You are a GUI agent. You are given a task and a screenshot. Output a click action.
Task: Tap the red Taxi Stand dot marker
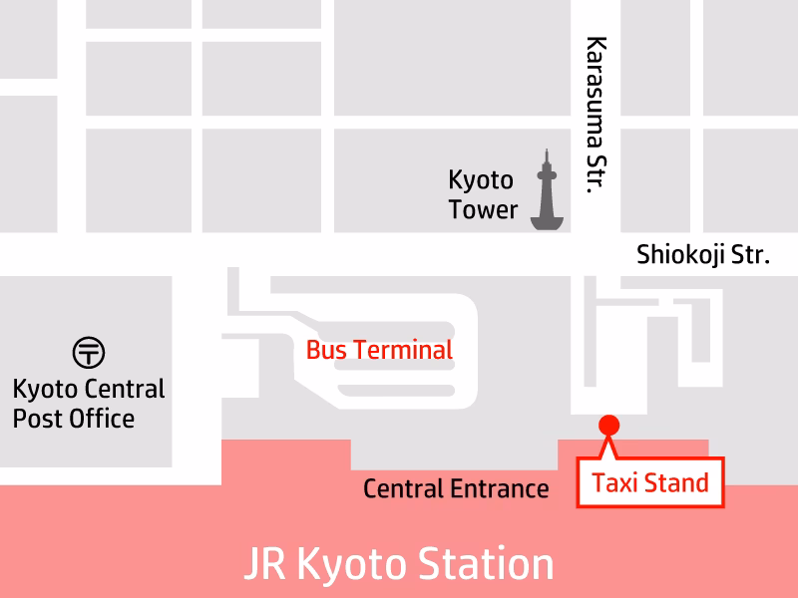point(607,426)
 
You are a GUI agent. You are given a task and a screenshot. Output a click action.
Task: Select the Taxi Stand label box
point(649,484)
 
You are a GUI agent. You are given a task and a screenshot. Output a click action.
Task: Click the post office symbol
point(89,352)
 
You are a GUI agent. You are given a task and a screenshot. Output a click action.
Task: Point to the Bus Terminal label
point(379,350)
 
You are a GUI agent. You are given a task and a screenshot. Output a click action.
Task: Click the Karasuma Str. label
point(597,115)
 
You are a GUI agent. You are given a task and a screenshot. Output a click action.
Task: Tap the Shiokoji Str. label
point(703,255)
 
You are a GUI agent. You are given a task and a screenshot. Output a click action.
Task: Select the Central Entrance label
point(456,488)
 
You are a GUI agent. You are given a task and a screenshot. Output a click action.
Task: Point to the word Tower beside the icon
point(483,210)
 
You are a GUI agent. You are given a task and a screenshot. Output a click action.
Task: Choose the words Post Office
point(74,418)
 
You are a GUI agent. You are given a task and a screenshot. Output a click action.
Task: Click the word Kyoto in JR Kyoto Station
point(353,564)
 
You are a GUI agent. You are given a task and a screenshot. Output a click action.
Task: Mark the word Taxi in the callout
point(613,484)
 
